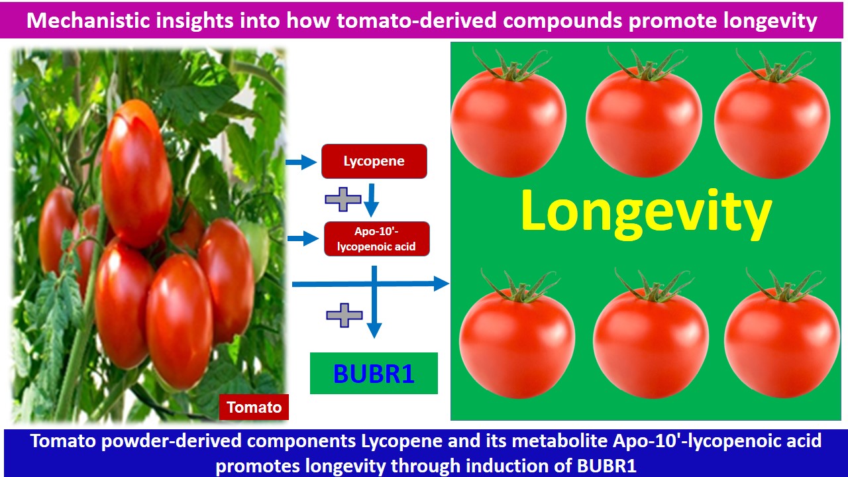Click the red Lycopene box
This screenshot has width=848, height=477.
click(x=374, y=161)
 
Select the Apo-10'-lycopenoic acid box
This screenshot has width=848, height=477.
click(x=377, y=239)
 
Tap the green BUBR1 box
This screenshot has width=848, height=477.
click(x=374, y=373)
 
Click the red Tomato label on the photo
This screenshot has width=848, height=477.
click(x=254, y=407)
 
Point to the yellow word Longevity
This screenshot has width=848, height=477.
click(x=646, y=214)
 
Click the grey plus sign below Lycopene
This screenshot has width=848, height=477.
click(x=343, y=199)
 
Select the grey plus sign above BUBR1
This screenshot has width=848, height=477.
click(x=344, y=315)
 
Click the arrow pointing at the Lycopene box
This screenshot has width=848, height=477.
click(x=301, y=162)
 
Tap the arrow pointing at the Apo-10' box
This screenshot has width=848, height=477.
click(x=303, y=238)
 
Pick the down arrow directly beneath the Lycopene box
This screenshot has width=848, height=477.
click(x=372, y=200)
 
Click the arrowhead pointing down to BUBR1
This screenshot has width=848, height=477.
click(x=374, y=330)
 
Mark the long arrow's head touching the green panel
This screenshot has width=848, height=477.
click(x=441, y=284)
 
